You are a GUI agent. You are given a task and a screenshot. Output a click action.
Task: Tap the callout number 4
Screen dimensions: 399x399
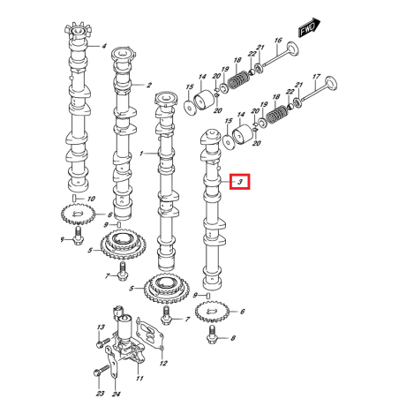point(103,46)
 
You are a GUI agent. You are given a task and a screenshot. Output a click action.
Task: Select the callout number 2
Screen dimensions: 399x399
point(150,86)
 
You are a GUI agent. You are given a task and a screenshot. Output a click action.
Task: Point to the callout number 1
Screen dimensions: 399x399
point(140,153)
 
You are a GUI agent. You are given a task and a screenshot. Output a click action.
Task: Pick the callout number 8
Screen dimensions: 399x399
point(233,338)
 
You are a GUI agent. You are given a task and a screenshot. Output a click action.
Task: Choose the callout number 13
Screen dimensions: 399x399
point(100,327)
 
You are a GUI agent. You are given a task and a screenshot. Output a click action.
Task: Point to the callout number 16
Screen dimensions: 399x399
point(278,41)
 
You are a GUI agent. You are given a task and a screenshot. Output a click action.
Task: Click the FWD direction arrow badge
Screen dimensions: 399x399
point(308,29)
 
